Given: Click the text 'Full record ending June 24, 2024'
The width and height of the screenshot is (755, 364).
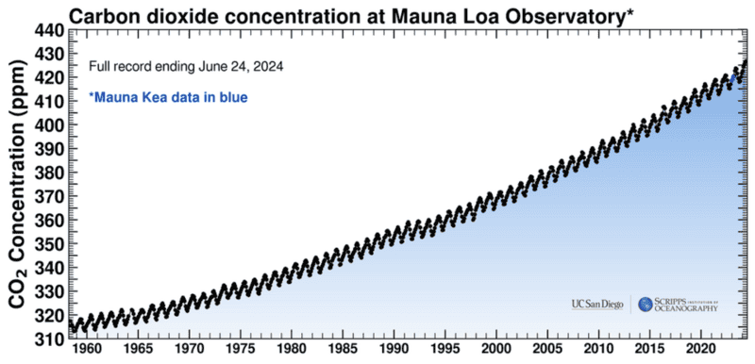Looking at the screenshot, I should tap(187, 68).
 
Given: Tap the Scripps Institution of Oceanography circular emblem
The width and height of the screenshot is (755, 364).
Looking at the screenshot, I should tap(646, 304).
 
